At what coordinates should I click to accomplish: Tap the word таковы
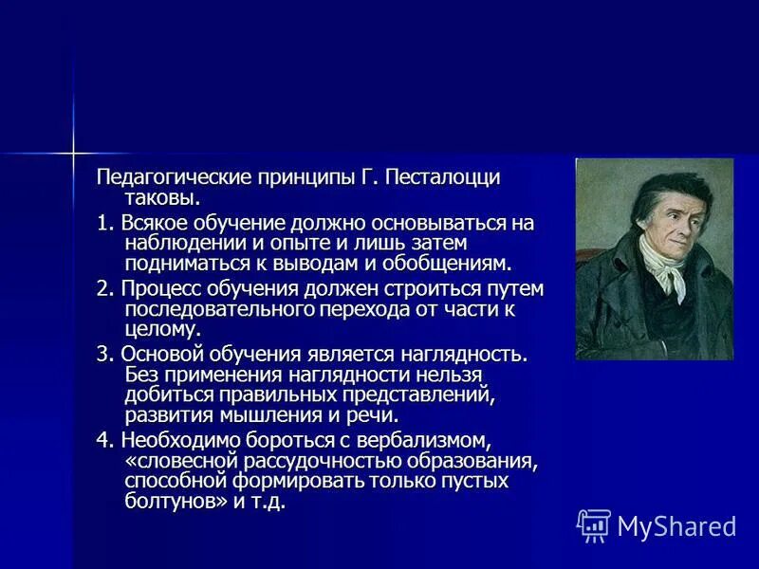162,199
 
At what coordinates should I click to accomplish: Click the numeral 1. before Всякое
103,224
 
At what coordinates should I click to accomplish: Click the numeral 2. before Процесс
103,289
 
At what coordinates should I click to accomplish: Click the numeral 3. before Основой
104,354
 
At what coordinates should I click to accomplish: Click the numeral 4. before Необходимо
104,441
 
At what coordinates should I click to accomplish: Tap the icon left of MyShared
594,525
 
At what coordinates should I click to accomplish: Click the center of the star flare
72,152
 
